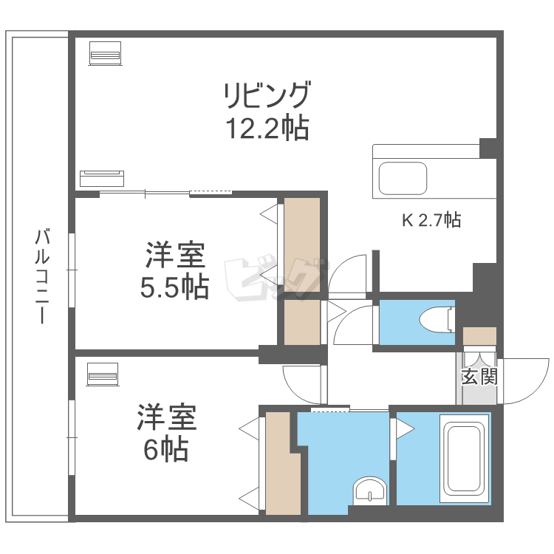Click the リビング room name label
click(x=267, y=95)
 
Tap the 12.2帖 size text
click(x=267, y=130)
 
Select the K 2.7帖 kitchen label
click(x=431, y=219)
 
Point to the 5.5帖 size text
click(x=174, y=287)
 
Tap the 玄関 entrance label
click(x=479, y=376)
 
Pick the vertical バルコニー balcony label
click(x=43, y=277)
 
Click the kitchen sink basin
click(x=403, y=178)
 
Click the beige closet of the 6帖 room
click(x=281, y=464)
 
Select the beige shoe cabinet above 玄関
click(x=479, y=336)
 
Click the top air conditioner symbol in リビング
click(x=106, y=52)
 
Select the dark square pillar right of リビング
click(x=488, y=147)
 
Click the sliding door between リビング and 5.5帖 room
click(x=166, y=194)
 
